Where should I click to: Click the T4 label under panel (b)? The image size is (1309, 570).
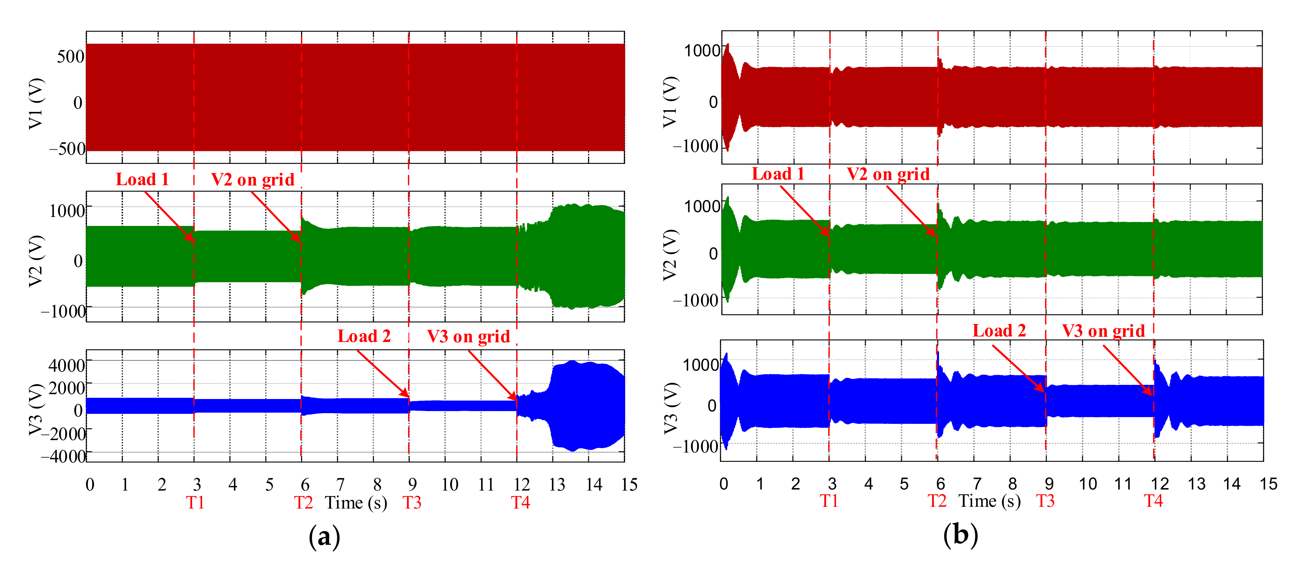1154,501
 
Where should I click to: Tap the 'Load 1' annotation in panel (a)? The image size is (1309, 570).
142,179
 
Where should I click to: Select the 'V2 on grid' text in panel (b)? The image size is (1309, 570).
888,174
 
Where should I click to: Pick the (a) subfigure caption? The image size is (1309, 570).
324,536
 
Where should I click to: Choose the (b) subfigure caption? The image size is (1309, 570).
960,535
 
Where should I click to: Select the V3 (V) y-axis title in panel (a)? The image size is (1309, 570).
36,409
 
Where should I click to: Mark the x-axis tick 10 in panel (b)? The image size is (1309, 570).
1088,484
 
